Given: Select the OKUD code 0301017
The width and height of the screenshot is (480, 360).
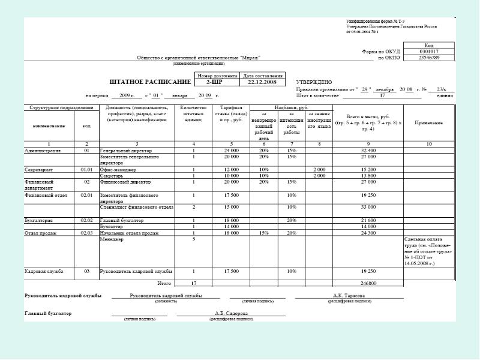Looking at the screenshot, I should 428,52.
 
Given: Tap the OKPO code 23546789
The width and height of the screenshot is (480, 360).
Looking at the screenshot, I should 428,58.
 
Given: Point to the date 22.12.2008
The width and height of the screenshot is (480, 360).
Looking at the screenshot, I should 262,82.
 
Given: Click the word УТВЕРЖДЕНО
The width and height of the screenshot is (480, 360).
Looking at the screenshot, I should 314,82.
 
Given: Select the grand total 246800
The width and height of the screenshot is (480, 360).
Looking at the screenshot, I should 368,283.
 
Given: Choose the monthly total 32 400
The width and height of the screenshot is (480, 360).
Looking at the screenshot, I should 368,150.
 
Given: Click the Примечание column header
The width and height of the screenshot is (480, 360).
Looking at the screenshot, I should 428,122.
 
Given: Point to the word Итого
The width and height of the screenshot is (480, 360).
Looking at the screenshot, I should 164,283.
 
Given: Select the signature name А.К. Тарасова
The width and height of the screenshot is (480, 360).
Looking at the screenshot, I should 349,296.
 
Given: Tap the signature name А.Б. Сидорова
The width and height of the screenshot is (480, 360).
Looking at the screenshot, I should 231,313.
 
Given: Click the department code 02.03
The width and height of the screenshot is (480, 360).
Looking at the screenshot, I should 86,232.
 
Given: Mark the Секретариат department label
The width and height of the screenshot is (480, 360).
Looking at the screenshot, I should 39,170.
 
